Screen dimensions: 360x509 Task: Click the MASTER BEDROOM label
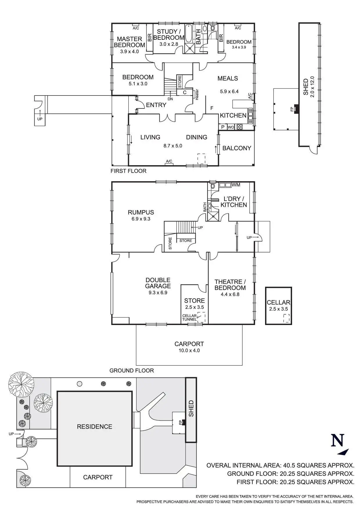click(x=129, y=42)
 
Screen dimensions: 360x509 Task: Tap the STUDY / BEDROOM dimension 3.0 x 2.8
click(x=168, y=44)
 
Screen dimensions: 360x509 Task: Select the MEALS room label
click(x=228, y=78)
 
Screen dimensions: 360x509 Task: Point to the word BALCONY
click(x=237, y=148)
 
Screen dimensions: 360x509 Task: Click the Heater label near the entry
click(x=197, y=94)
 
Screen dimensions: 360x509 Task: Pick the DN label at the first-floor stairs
click(x=170, y=99)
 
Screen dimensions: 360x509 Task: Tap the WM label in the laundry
click(x=236, y=185)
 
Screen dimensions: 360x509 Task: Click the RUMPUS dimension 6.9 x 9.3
click(x=141, y=219)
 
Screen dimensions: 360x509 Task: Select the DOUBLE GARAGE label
click(x=158, y=283)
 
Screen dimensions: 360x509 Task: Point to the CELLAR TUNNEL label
click(x=189, y=317)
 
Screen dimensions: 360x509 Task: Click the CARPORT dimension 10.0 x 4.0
click(x=189, y=351)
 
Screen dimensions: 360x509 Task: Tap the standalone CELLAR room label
click(x=278, y=302)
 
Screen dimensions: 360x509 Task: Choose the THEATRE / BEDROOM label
click(x=230, y=285)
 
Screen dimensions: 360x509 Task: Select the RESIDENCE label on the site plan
click(x=94, y=427)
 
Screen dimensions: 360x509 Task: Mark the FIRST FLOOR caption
click(x=128, y=171)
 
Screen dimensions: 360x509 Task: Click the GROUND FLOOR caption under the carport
click(x=132, y=371)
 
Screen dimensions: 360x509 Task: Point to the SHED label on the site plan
click(x=191, y=408)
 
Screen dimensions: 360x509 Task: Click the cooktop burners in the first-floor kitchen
click(x=240, y=127)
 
